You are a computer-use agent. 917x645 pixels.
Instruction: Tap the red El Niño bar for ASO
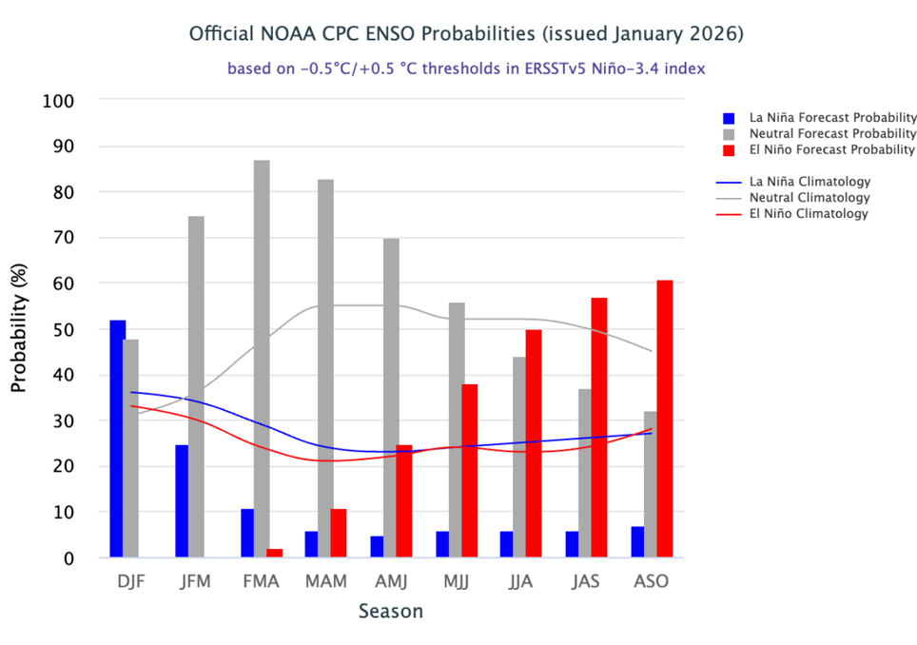point(664,419)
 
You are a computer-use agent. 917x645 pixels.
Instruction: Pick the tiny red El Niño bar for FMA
point(275,553)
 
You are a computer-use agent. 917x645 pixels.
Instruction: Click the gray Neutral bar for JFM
point(196,386)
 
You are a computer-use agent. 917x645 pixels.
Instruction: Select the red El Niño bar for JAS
point(599,427)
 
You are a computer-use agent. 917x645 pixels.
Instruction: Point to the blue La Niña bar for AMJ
point(378,547)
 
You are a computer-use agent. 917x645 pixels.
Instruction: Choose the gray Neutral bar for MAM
point(326,367)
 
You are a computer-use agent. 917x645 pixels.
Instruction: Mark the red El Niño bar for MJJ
point(469,470)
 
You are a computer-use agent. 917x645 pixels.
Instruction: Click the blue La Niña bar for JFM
point(182,500)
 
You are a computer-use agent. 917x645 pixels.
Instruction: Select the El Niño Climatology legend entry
point(810,214)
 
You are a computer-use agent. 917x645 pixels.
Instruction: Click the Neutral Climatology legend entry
point(810,198)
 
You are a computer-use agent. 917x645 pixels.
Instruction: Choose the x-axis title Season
point(390,612)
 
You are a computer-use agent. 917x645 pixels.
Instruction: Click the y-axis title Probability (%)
point(19,329)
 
